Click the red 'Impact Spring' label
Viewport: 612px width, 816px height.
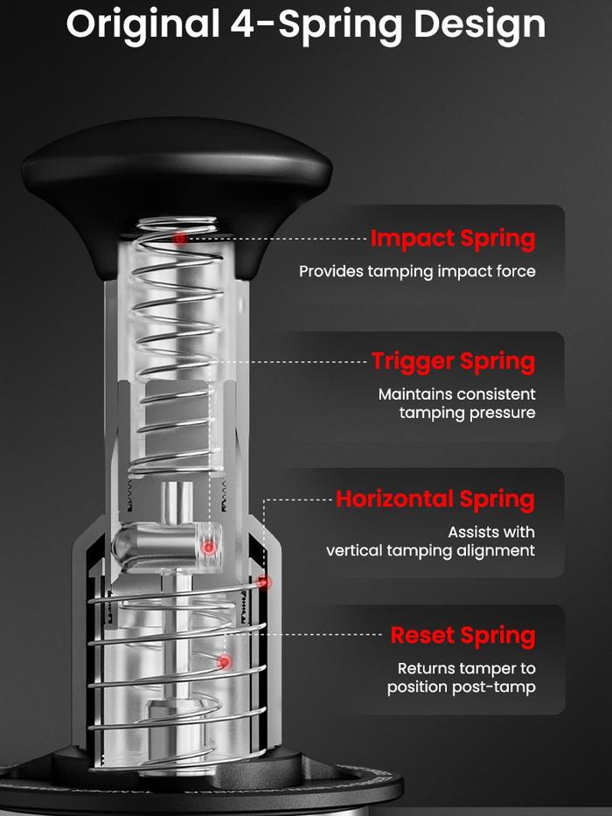coord(453,239)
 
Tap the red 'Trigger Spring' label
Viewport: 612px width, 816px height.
coord(453,362)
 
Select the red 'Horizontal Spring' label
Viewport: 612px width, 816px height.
coord(435,499)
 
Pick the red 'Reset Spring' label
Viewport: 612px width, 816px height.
coord(462,636)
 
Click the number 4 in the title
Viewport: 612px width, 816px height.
coord(242,24)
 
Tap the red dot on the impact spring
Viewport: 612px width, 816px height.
coord(180,239)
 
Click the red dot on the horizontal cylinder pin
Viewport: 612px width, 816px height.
coord(209,547)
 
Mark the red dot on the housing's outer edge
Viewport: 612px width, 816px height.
coord(264,582)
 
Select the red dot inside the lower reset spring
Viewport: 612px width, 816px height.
coord(225,662)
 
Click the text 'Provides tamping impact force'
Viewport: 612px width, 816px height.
coord(417,272)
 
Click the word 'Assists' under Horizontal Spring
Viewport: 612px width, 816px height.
coord(470,532)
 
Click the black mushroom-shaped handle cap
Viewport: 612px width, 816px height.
coord(177,187)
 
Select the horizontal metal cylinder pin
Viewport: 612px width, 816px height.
coord(167,547)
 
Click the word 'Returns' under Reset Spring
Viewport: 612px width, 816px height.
coord(425,668)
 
